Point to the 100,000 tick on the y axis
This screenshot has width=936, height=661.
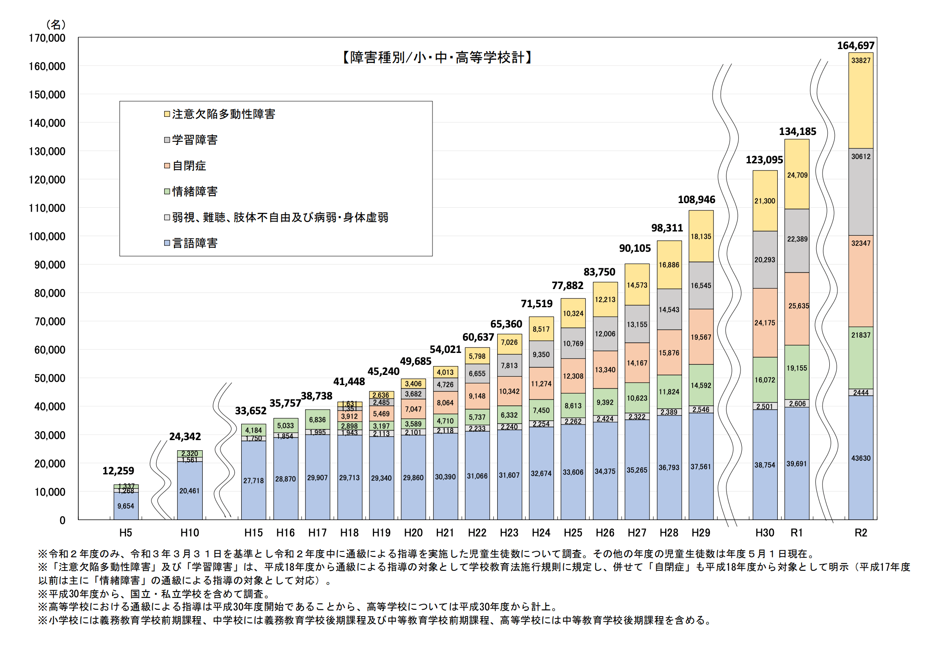[x=47, y=237]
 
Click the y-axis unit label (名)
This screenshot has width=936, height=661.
[x=55, y=25]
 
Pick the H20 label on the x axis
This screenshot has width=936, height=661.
[x=413, y=533]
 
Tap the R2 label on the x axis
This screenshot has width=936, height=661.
[x=861, y=533]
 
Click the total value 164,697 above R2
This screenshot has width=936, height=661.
[x=856, y=46]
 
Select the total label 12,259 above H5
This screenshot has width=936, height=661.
[x=118, y=471]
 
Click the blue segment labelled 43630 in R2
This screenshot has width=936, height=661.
[x=861, y=458]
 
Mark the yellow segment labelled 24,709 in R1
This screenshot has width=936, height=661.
[x=797, y=175]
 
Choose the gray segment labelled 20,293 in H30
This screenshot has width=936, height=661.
[x=765, y=260]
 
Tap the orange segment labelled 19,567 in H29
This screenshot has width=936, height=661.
[x=701, y=337]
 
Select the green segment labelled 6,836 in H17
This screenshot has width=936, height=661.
[x=317, y=420]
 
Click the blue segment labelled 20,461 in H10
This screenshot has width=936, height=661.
[x=189, y=491]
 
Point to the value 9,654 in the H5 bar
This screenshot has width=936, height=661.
[x=126, y=506]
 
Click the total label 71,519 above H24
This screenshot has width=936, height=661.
[x=536, y=304]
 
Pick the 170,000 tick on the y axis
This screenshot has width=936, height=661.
[x=47, y=38]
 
